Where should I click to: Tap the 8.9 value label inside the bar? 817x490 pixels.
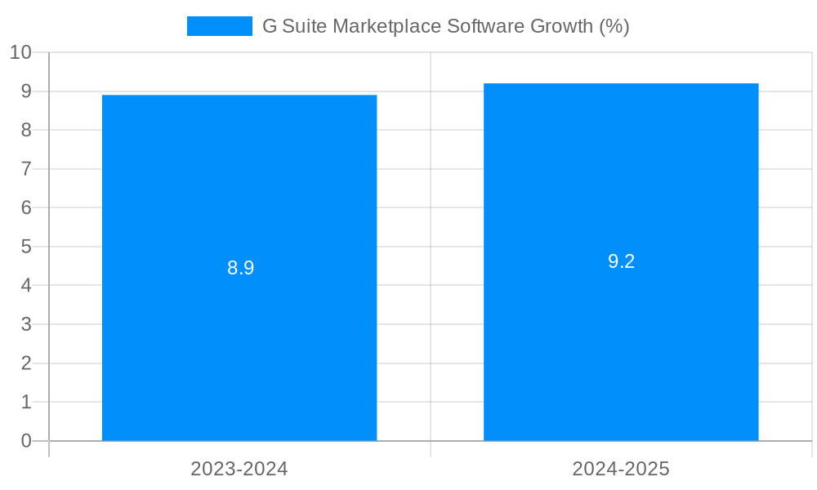(x=241, y=268)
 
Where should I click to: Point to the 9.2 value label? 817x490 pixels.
(x=622, y=261)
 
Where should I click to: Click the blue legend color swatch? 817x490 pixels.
(x=220, y=26)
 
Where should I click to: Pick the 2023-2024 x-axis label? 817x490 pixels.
(x=239, y=469)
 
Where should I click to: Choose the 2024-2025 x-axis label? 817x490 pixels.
(x=621, y=469)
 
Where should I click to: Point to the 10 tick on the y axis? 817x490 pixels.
(x=20, y=52)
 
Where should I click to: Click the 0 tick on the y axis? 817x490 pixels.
(x=26, y=441)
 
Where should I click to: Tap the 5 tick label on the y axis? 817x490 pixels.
(x=26, y=247)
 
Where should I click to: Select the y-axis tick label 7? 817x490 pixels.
(x=26, y=169)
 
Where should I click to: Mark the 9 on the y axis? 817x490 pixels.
(x=26, y=91)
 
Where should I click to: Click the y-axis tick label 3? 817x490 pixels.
(x=26, y=324)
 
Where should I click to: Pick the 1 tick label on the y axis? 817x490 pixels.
(x=26, y=402)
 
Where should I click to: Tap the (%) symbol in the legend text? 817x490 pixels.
(x=614, y=26)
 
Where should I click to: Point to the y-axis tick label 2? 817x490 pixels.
(x=26, y=363)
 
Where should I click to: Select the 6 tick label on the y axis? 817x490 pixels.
(x=26, y=208)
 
